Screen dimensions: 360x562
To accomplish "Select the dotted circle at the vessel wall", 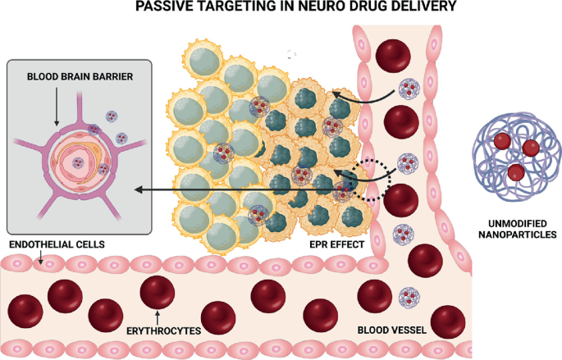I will [368, 178].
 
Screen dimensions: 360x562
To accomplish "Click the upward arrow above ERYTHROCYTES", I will [156, 316].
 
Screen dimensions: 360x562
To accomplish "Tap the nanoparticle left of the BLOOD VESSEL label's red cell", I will [408, 298].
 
